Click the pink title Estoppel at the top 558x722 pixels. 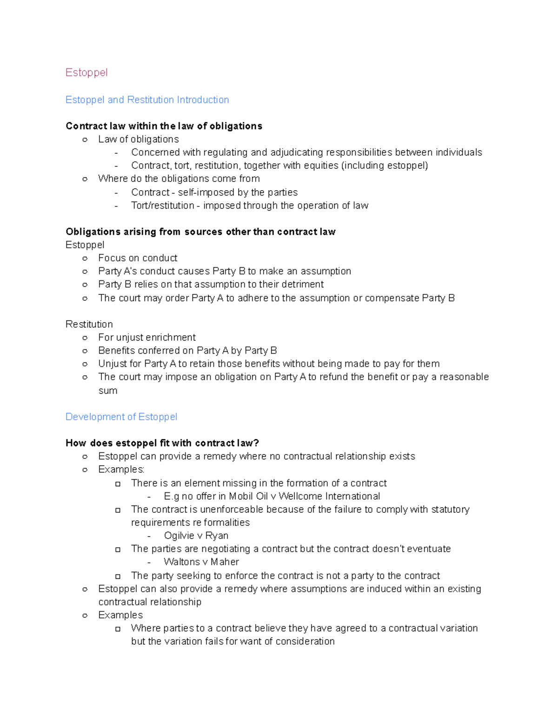point(86,73)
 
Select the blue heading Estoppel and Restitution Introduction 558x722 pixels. point(147,100)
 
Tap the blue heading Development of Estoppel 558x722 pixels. point(121,417)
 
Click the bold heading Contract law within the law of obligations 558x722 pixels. point(164,126)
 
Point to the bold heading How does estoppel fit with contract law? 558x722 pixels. point(162,443)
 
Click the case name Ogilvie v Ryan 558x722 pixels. point(196,536)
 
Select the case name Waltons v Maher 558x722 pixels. point(201,562)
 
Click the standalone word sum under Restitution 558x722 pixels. point(107,391)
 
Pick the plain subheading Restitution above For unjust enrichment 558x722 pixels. point(89,325)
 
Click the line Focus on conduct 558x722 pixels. point(138,258)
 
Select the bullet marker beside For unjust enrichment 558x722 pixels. point(85,338)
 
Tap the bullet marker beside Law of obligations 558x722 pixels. point(85,139)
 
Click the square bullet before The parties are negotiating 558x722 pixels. point(118,550)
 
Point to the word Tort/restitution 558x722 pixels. point(162,205)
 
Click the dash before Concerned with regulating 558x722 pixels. point(116,153)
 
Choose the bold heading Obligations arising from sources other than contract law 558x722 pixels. point(200,232)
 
